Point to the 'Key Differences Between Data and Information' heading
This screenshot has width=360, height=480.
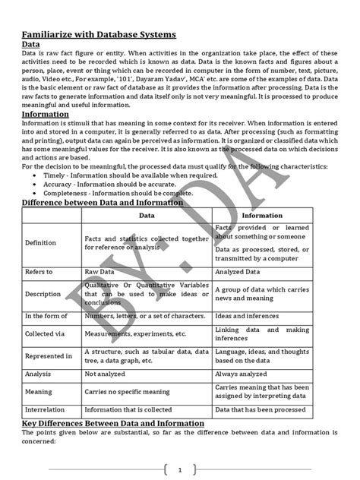(x=112, y=423)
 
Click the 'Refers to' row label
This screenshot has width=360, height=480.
(x=39, y=271)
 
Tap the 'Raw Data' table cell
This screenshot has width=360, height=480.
(x=101, y=271)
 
